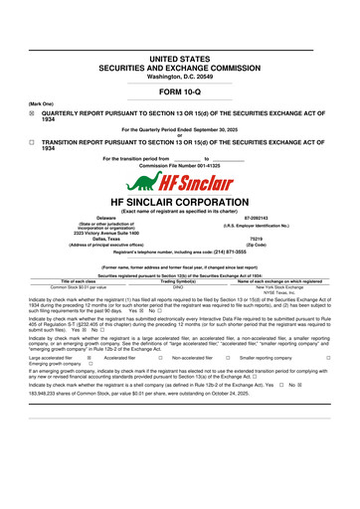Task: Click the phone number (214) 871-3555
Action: click(237, 281)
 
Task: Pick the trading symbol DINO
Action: click(179, 314)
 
